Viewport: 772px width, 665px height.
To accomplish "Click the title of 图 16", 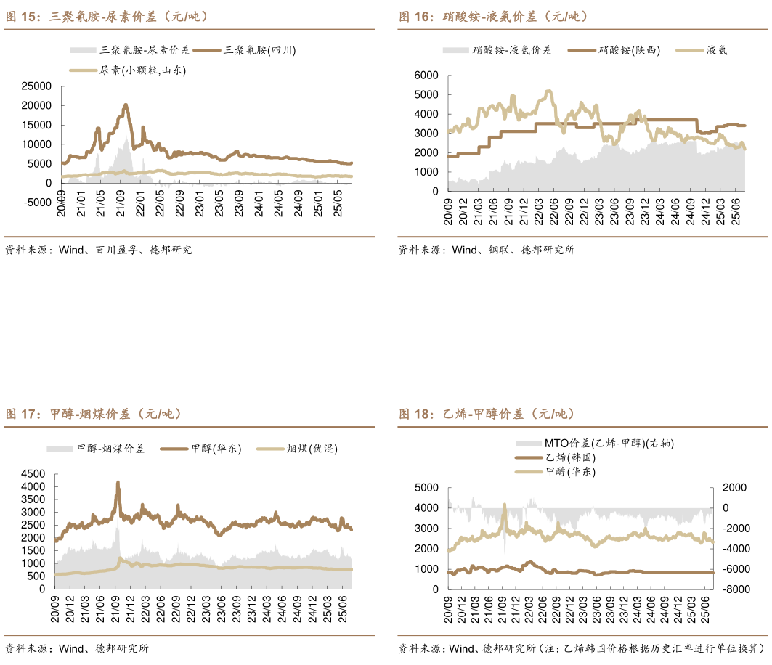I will (494, 16).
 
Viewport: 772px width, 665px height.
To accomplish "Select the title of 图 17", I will (94, 415).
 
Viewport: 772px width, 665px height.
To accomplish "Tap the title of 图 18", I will (487, 415).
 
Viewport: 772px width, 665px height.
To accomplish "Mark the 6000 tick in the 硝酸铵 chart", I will (425, 76).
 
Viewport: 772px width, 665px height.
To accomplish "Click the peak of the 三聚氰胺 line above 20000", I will (126, 105).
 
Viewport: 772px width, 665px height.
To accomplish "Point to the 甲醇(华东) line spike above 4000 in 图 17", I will (118, 483).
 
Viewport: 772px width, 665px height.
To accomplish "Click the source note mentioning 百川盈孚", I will (99, 250).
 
